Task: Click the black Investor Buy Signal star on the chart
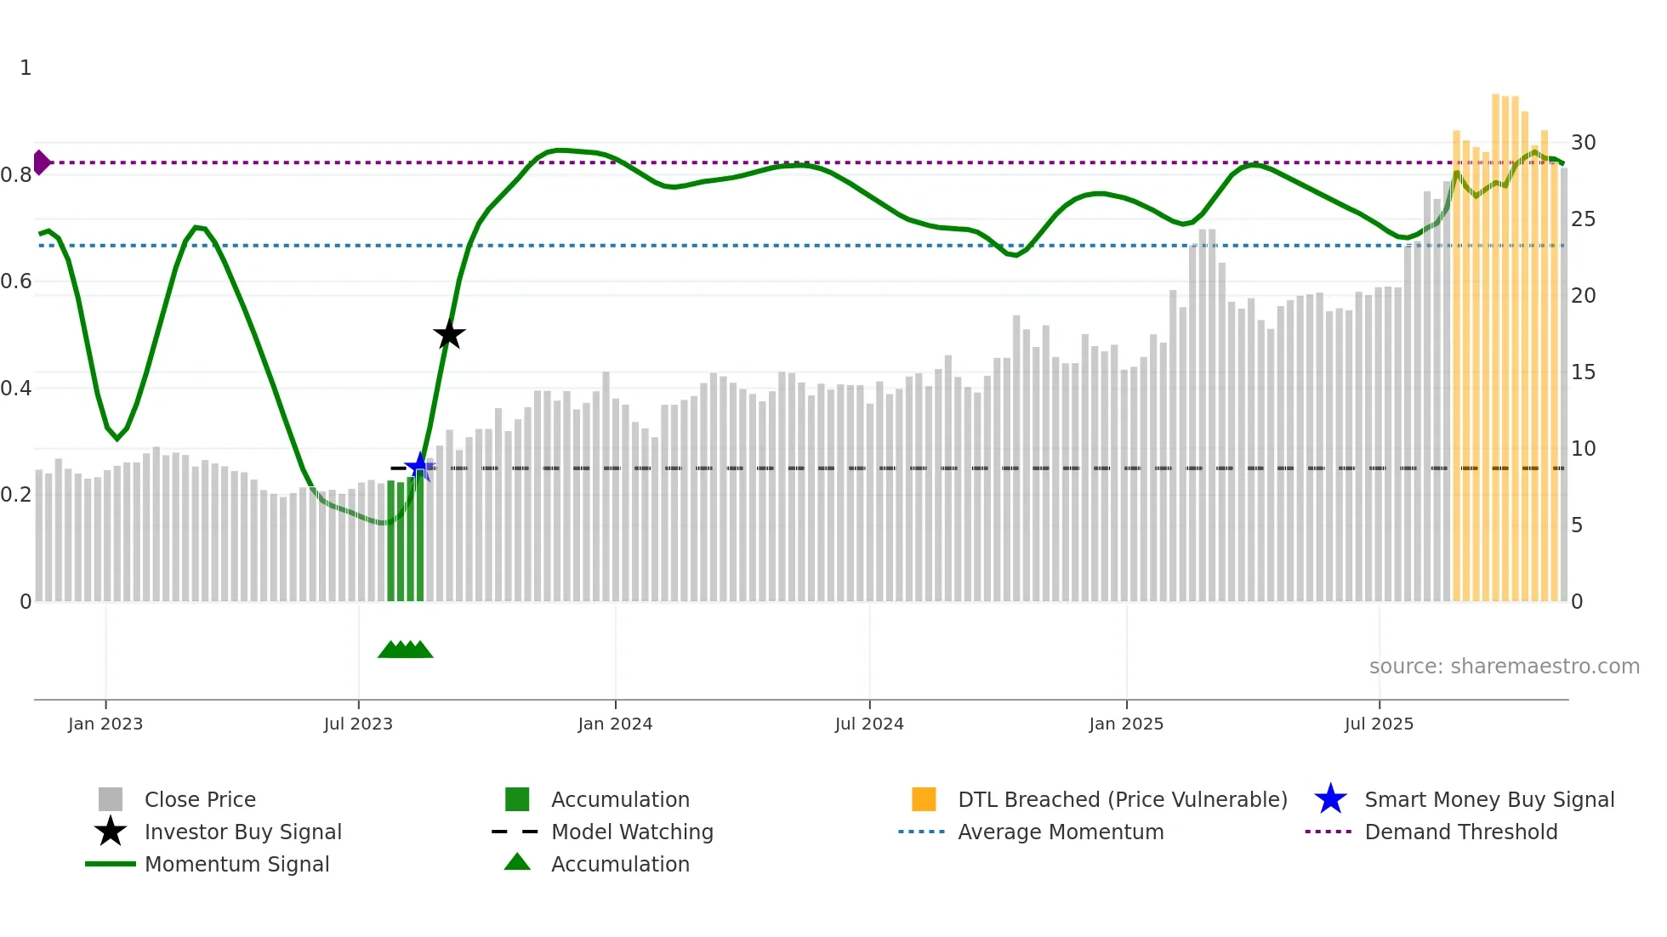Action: click(x=449, y=334)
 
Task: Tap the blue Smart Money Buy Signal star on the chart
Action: click(x=419, y=466)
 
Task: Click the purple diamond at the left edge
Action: click(x=41, y=162)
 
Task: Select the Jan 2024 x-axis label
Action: click(x=615, y=724)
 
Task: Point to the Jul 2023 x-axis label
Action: click(x=358, y=724)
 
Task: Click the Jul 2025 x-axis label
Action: click(x=1379, y=724)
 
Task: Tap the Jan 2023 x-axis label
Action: click(x=105, y=724)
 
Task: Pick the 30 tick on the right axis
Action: click(x=1583, y=142)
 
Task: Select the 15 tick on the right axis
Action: click(x=1583, y=372)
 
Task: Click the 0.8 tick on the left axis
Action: click(x=16, y=175)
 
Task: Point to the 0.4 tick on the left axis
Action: click(x=16, y=389)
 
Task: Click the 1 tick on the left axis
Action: click(x=26, y=68)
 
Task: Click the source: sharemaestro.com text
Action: click(x=1504, y=666)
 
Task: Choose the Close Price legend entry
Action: click(x=200, y=799)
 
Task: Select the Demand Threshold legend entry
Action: click(x=1460, y=832)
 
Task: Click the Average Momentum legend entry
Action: click(x=1060, y=832)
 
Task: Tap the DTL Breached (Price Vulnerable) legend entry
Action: click(x=1122, y=799)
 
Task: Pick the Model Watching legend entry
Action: click(x=632, y=832)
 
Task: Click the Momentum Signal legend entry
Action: click(x=236, y=864)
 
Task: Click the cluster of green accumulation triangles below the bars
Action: click(x=406, y=650)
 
